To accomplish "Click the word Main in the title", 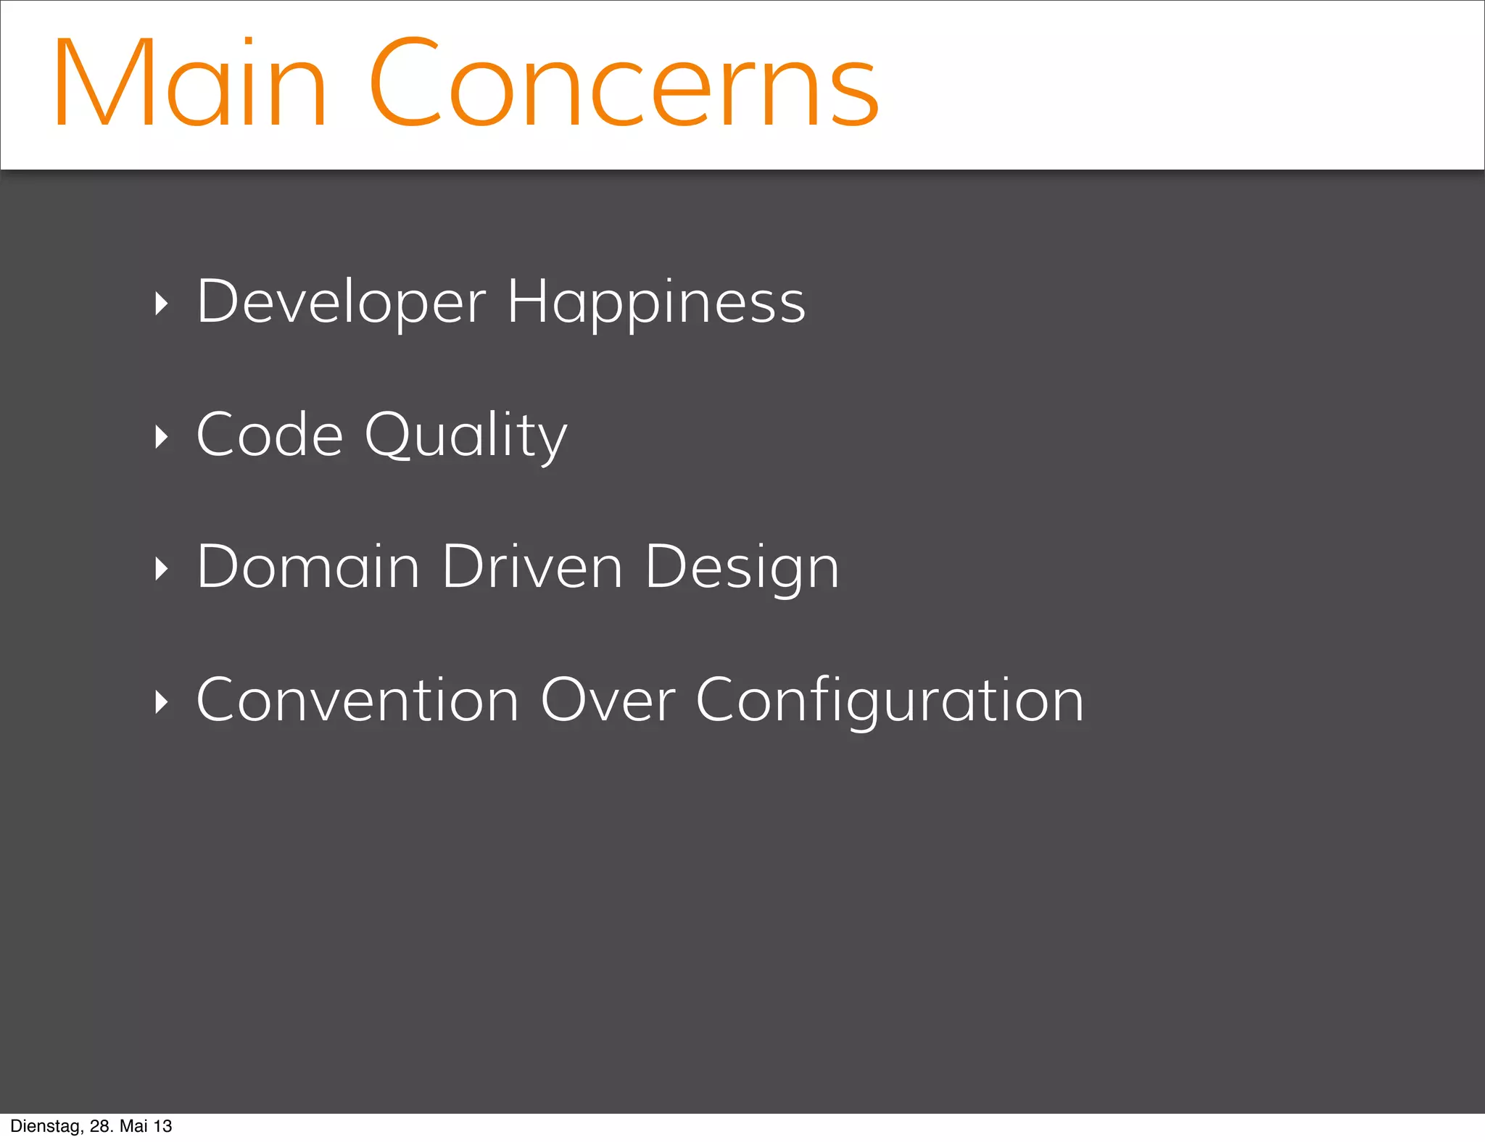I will coord(190,84).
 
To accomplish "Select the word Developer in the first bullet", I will coord(341,302).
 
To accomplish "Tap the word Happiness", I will coord(655,302).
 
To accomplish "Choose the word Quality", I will coord(466,436).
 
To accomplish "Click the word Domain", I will coord(308,567).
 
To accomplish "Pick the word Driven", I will coord(531,567).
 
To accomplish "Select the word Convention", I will coord(357,700).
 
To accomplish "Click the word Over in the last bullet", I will coord(608,700).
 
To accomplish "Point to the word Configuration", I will coord(890,701).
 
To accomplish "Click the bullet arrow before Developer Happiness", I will coord(162,304).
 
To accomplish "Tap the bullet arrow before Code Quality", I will coord(162,436).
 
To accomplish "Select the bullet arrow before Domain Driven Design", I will coord(162,569).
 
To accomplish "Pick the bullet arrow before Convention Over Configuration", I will coord(162,701).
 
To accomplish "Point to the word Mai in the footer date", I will coord(133,1126).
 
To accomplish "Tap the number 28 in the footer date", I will coord(101,1126).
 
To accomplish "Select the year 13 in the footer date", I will coord(163,1126).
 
